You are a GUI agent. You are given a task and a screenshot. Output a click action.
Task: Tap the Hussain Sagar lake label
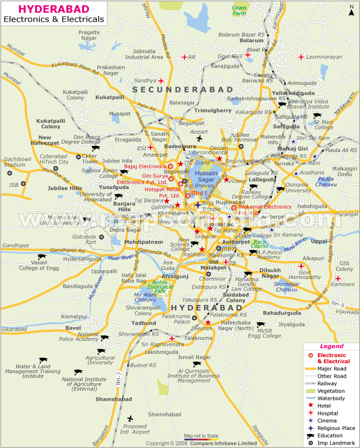pyautogui.click(x=206, y=177)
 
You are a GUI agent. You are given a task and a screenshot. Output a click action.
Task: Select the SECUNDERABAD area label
pyautogui.click(x=175, y=89)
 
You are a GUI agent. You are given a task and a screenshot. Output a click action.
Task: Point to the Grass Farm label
pyautogui.click(x=240, y=11)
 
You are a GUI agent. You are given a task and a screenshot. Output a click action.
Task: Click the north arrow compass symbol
pyautogui.click(x=351, y=9)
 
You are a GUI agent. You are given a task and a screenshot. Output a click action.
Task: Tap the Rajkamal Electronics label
pyautogui.click(x=260, y=207)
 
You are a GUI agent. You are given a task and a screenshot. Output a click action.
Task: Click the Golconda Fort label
pyautogui.click(x=85, y=239)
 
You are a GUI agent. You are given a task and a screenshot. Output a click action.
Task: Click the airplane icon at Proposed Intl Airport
pyautogui.click(x=130, y=418)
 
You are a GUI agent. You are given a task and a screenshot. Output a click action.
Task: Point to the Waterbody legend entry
pyautogui.click(x=331, y=398)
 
